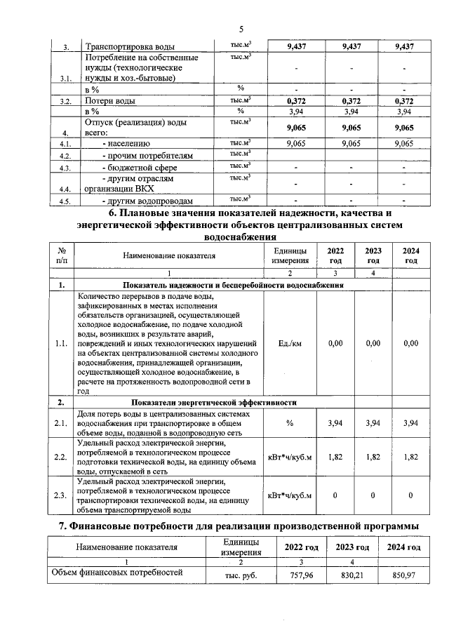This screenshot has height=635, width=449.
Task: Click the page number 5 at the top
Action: (x=241, y=29)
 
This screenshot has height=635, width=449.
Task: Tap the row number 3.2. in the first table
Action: (x=65, y=102)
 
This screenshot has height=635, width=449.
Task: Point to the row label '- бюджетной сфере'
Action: (x=140, y=168)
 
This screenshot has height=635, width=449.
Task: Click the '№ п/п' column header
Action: (x=62, y=256)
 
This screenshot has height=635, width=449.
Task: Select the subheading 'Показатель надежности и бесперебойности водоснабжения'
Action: (x=232, y=286)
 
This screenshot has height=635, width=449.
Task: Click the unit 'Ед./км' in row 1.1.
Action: (x=289, y=343)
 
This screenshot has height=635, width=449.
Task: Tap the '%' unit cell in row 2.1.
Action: (x=289, y=422)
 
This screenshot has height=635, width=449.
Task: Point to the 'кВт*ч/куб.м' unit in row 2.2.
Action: (x=289, y=457)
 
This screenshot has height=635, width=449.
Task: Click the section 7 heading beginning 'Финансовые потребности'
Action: (x=239, y=526)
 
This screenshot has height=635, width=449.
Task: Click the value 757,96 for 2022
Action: (x=300, y=576)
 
